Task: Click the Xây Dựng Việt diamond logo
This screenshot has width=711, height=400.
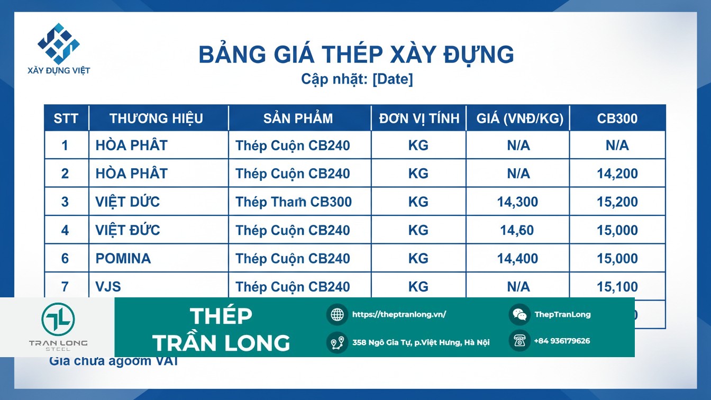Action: click(x=58, y=43)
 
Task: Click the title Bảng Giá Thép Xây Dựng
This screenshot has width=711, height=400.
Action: click(x=355, y=55)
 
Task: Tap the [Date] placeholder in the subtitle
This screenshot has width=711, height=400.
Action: click(x=393, y=79)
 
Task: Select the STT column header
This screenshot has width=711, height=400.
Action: click(x=66, y=119)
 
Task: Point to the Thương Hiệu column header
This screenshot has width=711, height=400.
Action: click(x=156, y=119)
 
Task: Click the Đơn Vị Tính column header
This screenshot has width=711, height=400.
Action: click(x=419, y=119)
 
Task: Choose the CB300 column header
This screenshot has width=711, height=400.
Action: click(x=617, y=119)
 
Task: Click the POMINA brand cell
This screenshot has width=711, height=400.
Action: click(x=123, y=259)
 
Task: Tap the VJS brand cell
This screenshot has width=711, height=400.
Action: click(x=108, y=287)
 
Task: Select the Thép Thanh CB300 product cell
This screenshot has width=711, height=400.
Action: click(x=294, y=202)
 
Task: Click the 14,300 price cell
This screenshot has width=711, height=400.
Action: click(x=517, y=202)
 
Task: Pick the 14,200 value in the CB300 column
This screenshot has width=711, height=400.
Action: click(x=617, y=174)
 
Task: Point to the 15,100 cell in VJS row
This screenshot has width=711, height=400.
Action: click(x=617, y=287)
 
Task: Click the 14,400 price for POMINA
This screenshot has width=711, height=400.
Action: click(x=517, y=259)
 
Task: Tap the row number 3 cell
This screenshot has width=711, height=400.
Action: click(x=65, y=202)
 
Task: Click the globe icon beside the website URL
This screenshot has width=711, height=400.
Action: click(x=337, y=314)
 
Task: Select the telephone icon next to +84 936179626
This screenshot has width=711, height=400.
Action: click(x=519, y=341)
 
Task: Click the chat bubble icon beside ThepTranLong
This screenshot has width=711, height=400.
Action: click(x=519, y=314)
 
